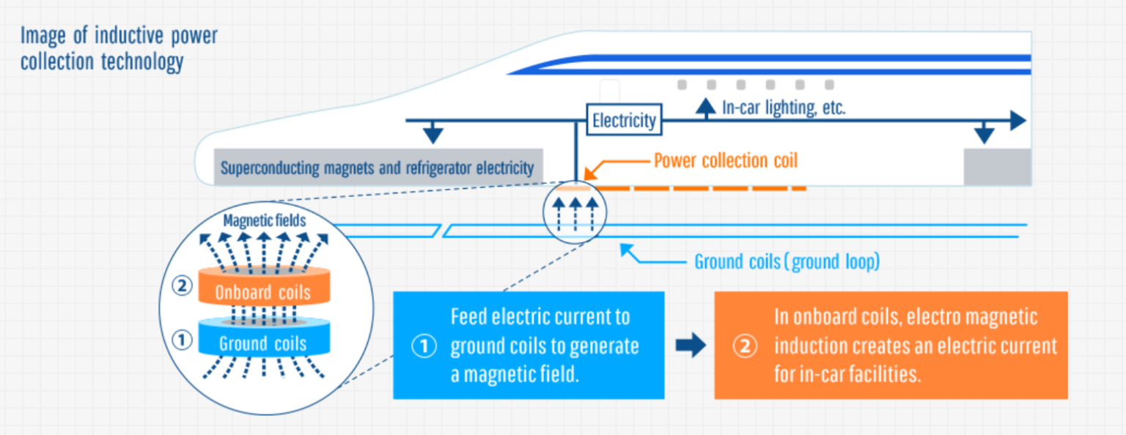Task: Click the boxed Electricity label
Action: click(x=624, y=119)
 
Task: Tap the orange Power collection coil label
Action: click(x=725, y=160)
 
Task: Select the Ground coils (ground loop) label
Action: click(x=786, y=262)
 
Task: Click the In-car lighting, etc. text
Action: click(x=784, y=108)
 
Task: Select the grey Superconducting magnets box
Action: click(x=378, y=168)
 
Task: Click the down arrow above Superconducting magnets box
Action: click(x=434, y=134)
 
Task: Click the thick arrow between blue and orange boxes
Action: click(x=689, y=346)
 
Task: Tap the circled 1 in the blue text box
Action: click(x=424, y=346)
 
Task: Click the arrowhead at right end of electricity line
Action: click(x=1017, y=121)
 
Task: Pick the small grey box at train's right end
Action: click(x=996, y=168)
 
